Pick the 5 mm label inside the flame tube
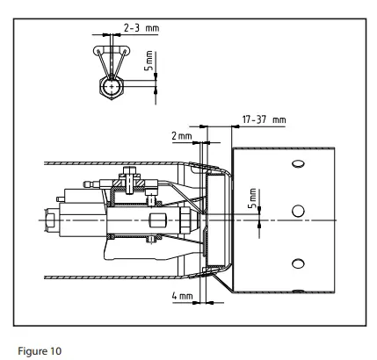[x=253, y=199]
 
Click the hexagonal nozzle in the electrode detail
[x=110, y=90]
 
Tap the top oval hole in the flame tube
[x=297, y=164]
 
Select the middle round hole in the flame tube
[x=297, y=211]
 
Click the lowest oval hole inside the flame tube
[x=297, y=262]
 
